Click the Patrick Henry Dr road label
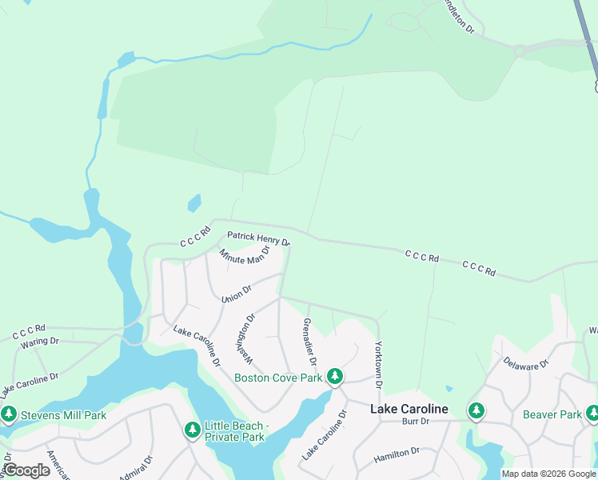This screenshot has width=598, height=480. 258,238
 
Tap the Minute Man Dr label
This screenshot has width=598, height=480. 245,257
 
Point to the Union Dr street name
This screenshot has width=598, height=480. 237,294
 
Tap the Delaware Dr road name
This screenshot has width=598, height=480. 526,362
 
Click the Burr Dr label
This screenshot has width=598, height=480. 416,421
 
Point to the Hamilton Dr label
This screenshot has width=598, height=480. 397,456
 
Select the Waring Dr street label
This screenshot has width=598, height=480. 40,341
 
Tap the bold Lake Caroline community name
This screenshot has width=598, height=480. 409,409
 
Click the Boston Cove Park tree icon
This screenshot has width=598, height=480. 336,376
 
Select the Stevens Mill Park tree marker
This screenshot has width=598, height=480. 9,414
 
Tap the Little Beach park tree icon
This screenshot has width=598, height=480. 192,430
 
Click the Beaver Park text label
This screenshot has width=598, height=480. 552,414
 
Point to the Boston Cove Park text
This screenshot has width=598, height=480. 278,378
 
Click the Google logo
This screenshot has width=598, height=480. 26,470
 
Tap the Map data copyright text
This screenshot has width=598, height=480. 548,474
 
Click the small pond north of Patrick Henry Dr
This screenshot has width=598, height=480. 193,204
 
